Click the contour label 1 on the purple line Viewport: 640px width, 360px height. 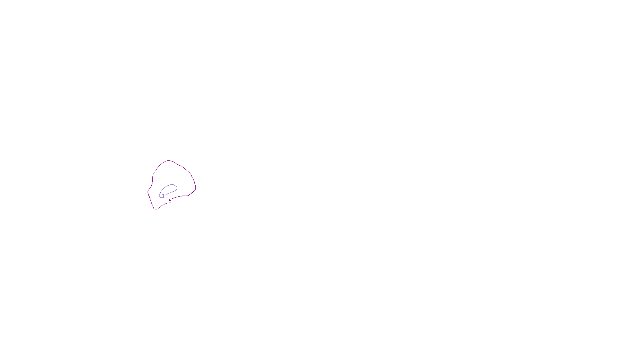(163, 196)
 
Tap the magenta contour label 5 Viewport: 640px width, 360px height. (170, 201)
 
